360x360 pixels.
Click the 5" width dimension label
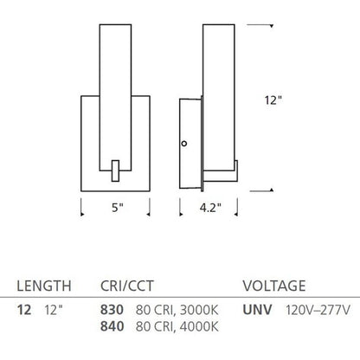(x=118, y=208)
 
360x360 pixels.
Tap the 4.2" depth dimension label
(x=210, y=208)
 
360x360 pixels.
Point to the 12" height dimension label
(x=273, y=100)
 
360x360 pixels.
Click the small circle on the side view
(x=183, y=144)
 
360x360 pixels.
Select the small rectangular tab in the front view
(x=115, y=170)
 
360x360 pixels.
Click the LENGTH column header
(x=44, y=286)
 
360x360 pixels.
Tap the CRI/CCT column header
(x=127, y=286)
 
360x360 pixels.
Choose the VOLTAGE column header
(x=274, y=286)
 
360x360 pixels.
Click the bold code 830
(x=112, y=310)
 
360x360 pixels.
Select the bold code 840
(x=112, y=326)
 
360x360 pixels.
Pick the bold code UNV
(x=257, y=310)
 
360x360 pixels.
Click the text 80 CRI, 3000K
(x=177, y=310)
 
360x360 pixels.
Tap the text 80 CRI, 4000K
(x=177, y=327)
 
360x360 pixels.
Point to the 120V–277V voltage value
(x=318, y=310)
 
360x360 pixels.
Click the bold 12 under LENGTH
(x=24, y=310)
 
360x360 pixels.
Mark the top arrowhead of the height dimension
(x=272, y=26)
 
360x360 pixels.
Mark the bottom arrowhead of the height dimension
(x=272, y=190)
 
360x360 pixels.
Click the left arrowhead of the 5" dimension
(x=82, y=214)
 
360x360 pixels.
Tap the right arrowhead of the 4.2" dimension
(x=236, y=214)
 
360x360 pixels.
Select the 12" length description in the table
(x=54, y=310)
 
